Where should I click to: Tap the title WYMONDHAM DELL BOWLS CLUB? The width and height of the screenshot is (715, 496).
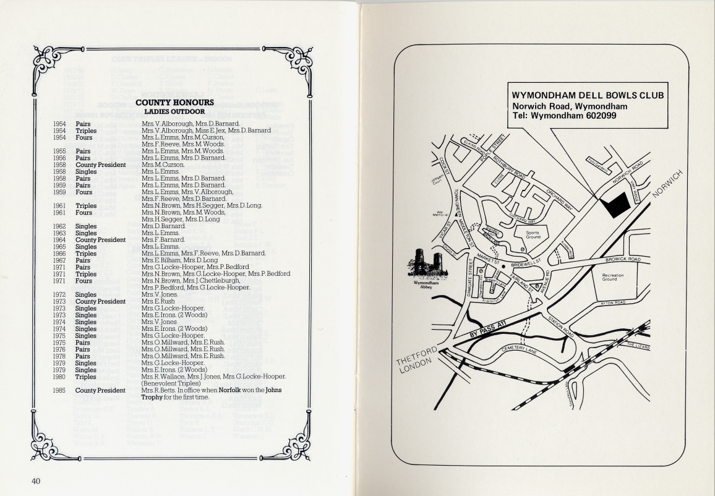click(588, 96)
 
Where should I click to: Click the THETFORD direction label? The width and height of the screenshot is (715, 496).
click(420, 357)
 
